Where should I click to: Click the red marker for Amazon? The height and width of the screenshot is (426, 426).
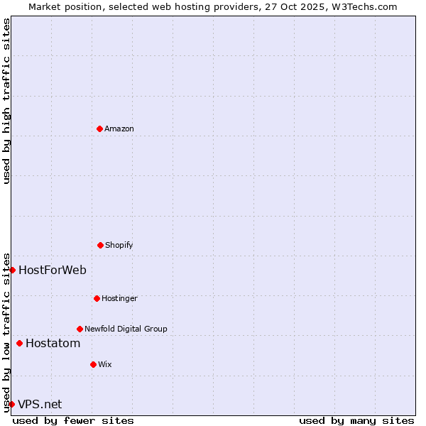coord(99,129)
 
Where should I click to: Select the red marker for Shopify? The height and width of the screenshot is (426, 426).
coord(100,245)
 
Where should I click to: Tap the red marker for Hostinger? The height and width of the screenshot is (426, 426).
coord(97,298)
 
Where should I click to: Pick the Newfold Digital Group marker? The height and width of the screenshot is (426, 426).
coord(80,329)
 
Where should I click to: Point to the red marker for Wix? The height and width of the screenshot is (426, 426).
coord(93,364)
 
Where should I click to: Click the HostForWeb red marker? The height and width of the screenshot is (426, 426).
coord(12,270)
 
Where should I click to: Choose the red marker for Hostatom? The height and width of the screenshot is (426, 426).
coord(19,344)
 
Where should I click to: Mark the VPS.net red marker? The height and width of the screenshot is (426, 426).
coord(11,404)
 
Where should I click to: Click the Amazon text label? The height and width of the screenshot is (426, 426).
coord(119,129)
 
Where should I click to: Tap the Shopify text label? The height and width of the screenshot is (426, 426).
coord(119,245)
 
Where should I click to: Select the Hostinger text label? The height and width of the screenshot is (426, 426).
coord(119,298)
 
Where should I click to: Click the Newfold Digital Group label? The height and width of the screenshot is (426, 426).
coord(126,329)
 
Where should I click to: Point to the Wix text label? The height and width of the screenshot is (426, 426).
coord(105,364)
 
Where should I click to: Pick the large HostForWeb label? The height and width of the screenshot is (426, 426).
coord(53,270)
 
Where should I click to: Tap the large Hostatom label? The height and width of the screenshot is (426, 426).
coord(53,344)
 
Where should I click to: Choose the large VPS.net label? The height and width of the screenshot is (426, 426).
coord(40,405)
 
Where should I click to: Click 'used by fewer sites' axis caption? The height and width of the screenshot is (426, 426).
coord(73,420)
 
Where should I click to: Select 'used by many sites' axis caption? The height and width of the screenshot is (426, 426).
coord(356,420)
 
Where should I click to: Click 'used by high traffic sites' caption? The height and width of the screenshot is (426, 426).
coord(6,101)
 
